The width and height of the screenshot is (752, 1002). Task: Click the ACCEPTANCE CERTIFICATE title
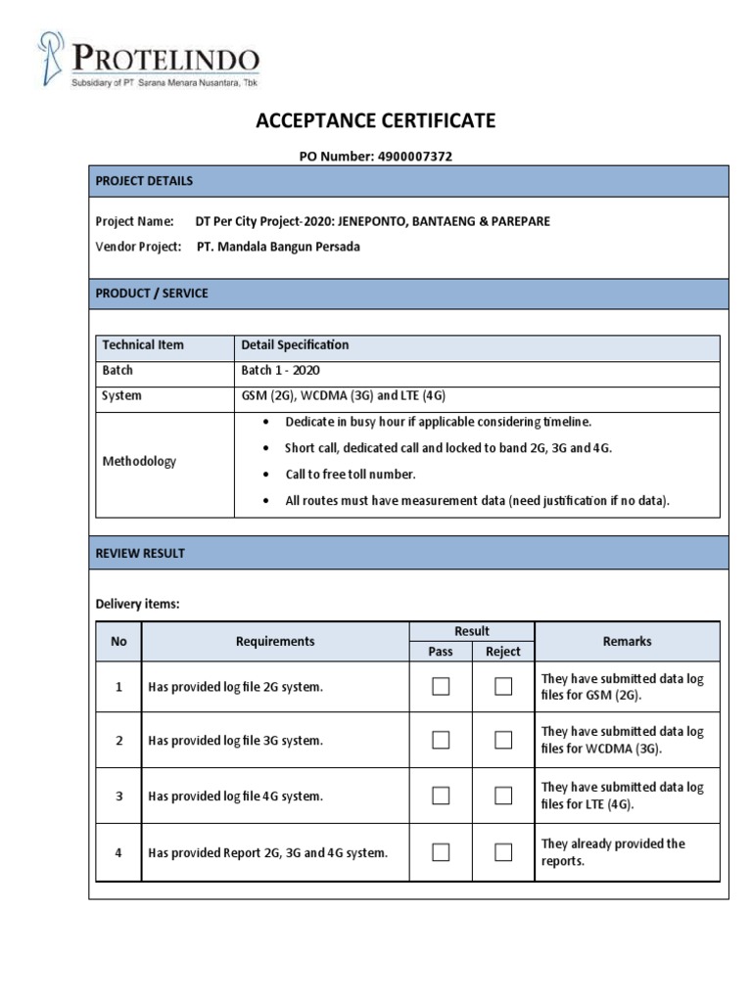pos(375,121)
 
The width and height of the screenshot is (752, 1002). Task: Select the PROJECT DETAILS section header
pos(144,181)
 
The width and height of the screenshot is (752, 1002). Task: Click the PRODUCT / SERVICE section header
pos(151,294)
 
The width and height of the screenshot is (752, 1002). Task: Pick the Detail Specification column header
pos(295,345)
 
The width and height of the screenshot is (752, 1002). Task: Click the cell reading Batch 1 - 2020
pos(280,371)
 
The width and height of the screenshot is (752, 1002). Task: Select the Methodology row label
pos(139,462)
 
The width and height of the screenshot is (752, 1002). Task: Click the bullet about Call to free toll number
pos(351,475)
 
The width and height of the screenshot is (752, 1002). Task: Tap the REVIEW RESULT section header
pos(140,553)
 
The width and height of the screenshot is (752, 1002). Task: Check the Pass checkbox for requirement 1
pos(441,687)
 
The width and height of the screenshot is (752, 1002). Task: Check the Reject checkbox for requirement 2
pos(503,741)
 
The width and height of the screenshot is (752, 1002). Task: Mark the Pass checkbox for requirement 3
pos(441,797)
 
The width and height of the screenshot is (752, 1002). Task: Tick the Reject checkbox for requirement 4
pos(503,852)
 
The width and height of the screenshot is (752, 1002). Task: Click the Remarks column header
pos(627,641)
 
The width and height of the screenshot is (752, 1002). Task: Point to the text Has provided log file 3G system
pos(235,741)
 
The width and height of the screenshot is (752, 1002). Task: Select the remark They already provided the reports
pos(613,852)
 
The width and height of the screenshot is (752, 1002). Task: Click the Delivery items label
pos(137,605)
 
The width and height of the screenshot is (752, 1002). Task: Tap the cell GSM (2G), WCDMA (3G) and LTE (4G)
pos(343,396)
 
